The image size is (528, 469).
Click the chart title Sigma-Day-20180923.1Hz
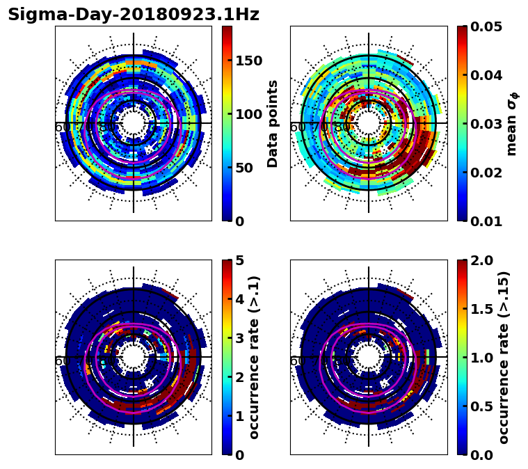tap(134, 15)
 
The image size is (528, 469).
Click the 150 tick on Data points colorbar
tap(249, 61)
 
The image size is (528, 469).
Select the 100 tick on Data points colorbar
tap(249, 114)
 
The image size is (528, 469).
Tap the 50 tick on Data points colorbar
tap(245, 168)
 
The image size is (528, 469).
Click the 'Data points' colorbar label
tap(273, 124)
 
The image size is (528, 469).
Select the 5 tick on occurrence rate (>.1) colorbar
tap(240, 260)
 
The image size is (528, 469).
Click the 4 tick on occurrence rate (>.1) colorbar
tap(240, 299)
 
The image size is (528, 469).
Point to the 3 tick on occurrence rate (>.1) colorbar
tap(240, 338)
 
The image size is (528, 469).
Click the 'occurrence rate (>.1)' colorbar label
tap(254, 358)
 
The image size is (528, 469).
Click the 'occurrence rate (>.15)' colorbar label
tap(504, 358)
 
